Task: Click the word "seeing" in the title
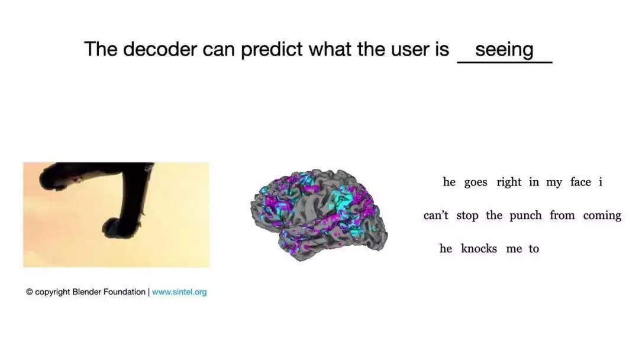point(504,50)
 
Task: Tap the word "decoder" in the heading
point(160,49)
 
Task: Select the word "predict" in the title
point(272,49)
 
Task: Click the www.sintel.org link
point(179,292)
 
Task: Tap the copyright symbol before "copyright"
point(30,292)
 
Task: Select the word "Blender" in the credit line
point(86,292)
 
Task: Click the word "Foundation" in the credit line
point(124,292)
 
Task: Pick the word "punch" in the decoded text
point(526,216)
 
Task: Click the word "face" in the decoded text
point(581,182)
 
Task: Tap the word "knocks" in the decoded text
point(479,248)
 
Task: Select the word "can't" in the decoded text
point(435,215)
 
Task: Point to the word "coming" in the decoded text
point(602,216)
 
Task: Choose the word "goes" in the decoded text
point(476,182)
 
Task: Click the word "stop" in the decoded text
point(467,216)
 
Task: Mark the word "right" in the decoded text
point(509,182)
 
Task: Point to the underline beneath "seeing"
point(505,62)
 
